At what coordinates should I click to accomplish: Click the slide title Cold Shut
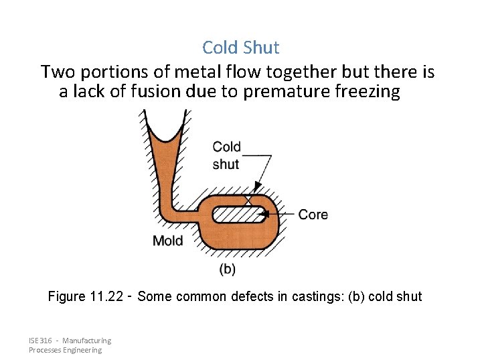click(x=240, y=48)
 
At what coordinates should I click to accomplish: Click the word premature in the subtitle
click(x=280, y=92)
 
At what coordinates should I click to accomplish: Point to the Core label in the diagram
click(x=313, y=215)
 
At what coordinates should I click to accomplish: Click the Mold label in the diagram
click(x=167, y=240)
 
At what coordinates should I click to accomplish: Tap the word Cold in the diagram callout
click(x=226, y=147)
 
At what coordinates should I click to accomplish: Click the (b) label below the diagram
click(x=228, y=269)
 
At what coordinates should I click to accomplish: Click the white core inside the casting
click(x=238, y=215)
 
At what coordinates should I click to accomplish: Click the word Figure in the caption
click(x=66, y=296)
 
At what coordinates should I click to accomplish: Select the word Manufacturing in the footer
click(x=87, y=341)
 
